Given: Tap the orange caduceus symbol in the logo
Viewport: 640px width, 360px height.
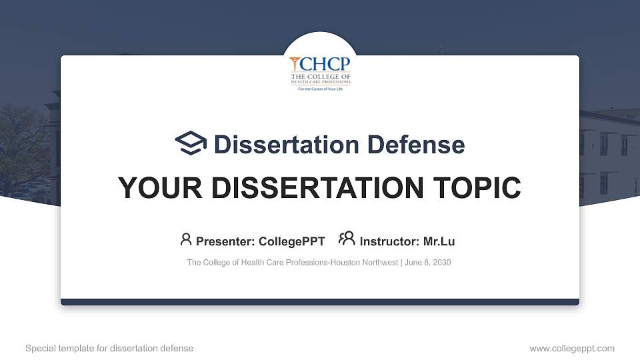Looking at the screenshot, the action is coord(295,64).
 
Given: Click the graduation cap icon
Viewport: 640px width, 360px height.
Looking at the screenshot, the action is coord(191,143).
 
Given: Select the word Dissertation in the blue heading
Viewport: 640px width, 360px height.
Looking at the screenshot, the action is coord(287,145).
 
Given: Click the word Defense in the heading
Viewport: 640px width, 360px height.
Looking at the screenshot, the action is coord(416,145).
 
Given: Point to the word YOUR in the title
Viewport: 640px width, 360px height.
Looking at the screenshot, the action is coord(160,188).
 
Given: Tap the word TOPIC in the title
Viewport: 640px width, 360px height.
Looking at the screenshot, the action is coord(477,188).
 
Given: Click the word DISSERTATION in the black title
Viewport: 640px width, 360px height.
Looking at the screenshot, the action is coord(317,188).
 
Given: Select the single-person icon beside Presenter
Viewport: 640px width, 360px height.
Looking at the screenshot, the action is coord(186,239).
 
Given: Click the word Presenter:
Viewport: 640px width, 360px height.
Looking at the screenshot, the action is coord(225,241).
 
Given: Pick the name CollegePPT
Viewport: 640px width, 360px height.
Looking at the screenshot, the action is coord(292,241).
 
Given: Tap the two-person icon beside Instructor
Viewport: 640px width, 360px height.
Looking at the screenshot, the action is coord(347,239).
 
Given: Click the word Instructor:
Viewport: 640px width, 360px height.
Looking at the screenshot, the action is coord(389,241).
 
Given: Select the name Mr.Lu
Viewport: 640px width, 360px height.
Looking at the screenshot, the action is coord(439,241).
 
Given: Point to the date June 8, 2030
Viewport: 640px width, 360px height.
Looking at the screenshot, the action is coord(428,263).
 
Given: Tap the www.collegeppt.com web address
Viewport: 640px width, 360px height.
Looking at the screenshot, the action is coord(572,349).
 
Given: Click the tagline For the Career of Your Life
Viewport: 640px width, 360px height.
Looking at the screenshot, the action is coord(321,89).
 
